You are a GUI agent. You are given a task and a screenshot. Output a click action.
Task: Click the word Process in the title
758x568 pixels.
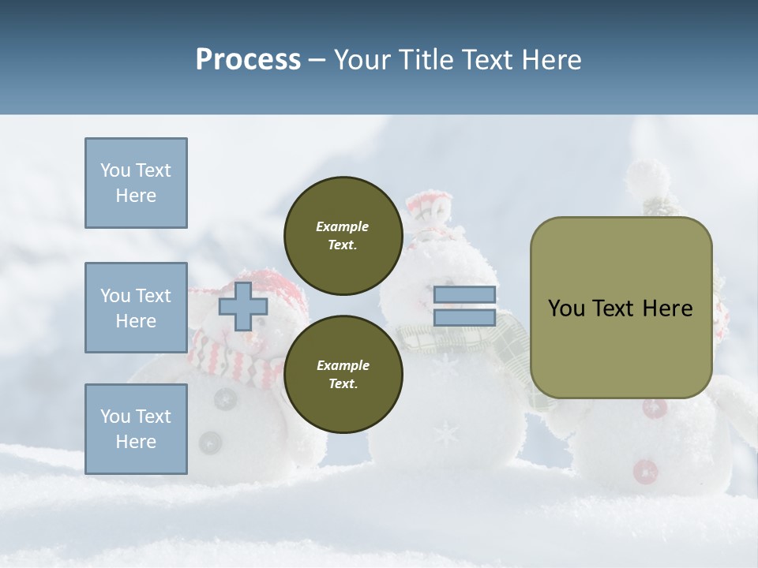point(248,60)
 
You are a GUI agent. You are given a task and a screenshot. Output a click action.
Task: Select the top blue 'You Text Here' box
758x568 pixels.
point(136,183)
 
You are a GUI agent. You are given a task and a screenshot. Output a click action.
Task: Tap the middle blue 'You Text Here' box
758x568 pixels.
point(136,308)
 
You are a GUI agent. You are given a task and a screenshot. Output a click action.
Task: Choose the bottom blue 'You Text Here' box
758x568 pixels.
point(136,429)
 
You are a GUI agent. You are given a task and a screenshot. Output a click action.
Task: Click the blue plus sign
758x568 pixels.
point(242,306)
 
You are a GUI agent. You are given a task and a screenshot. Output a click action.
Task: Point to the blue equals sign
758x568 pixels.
point(464,306)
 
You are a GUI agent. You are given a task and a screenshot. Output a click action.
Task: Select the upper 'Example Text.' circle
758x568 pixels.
point(343,236)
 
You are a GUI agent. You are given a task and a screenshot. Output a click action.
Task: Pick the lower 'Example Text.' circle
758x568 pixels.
point(343,375)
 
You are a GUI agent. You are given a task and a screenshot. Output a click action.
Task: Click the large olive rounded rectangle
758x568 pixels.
point(621,308)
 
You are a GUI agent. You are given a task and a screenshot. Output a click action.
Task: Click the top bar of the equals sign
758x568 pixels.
point(464,295)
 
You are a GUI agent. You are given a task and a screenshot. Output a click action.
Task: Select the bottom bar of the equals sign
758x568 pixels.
point(464,317)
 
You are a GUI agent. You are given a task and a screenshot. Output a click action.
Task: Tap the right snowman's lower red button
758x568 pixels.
point(645,471)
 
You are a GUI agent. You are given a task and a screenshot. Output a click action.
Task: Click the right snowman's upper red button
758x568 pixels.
point(654,408)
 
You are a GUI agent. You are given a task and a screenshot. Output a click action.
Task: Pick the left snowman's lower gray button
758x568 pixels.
point(210,442)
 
